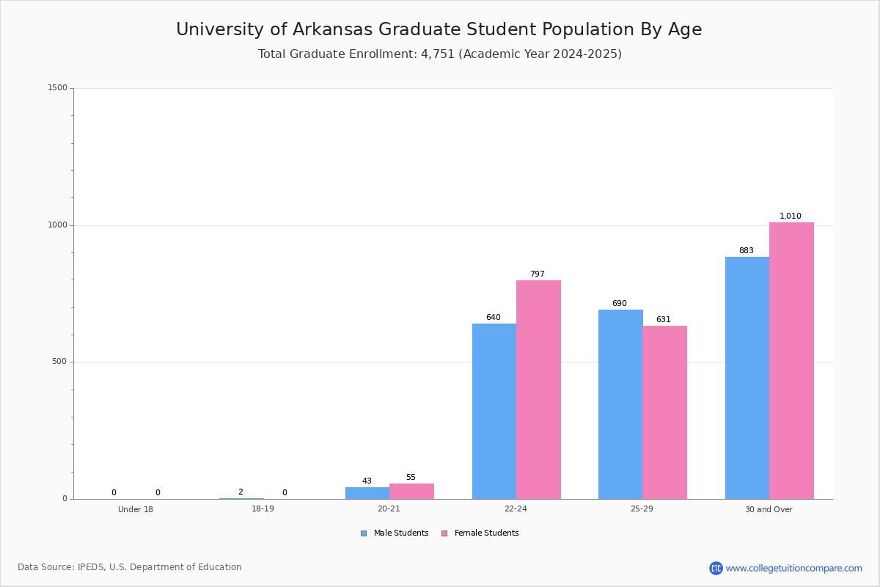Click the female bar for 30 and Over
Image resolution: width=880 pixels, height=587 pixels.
[791, 360]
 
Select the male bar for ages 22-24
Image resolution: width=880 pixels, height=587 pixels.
[494, 411]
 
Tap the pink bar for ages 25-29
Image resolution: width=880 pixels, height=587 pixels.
[664, 412]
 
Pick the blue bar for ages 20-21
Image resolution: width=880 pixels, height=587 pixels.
[367, 493]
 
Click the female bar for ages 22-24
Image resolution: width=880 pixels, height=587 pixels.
[538, 390]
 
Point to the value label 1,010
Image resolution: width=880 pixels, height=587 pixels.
[790, 216]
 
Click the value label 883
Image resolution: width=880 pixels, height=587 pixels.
[746, 250]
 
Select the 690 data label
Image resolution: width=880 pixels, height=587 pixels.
[619, 303]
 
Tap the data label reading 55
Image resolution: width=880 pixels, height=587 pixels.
[411, 477]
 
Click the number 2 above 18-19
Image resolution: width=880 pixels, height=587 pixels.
[241, 492]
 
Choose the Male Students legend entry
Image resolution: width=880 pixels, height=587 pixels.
[395, 533]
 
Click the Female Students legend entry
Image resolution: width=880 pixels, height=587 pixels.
[480, 533]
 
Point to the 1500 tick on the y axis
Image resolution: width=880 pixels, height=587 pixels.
[58, 87]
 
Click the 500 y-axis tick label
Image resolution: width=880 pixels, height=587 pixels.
[59, 361]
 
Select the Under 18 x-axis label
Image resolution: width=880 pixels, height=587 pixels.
[136, 509]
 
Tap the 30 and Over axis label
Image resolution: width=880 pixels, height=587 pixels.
[769, 509]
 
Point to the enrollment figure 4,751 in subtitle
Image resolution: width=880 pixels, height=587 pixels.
[438, 54]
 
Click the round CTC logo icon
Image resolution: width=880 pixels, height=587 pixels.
[716, 568]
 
